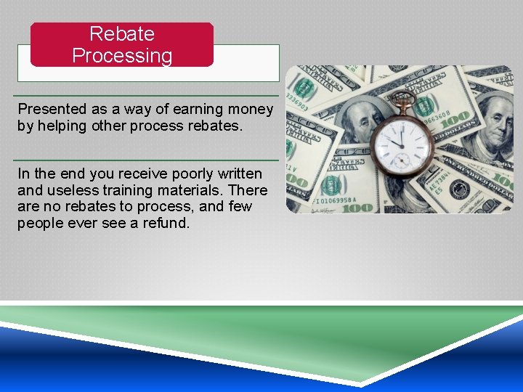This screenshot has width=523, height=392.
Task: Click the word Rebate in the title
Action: click(122, 33)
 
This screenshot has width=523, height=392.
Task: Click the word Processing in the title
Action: click(122, 56)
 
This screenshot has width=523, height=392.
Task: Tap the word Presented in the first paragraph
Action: click(52, 109)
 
